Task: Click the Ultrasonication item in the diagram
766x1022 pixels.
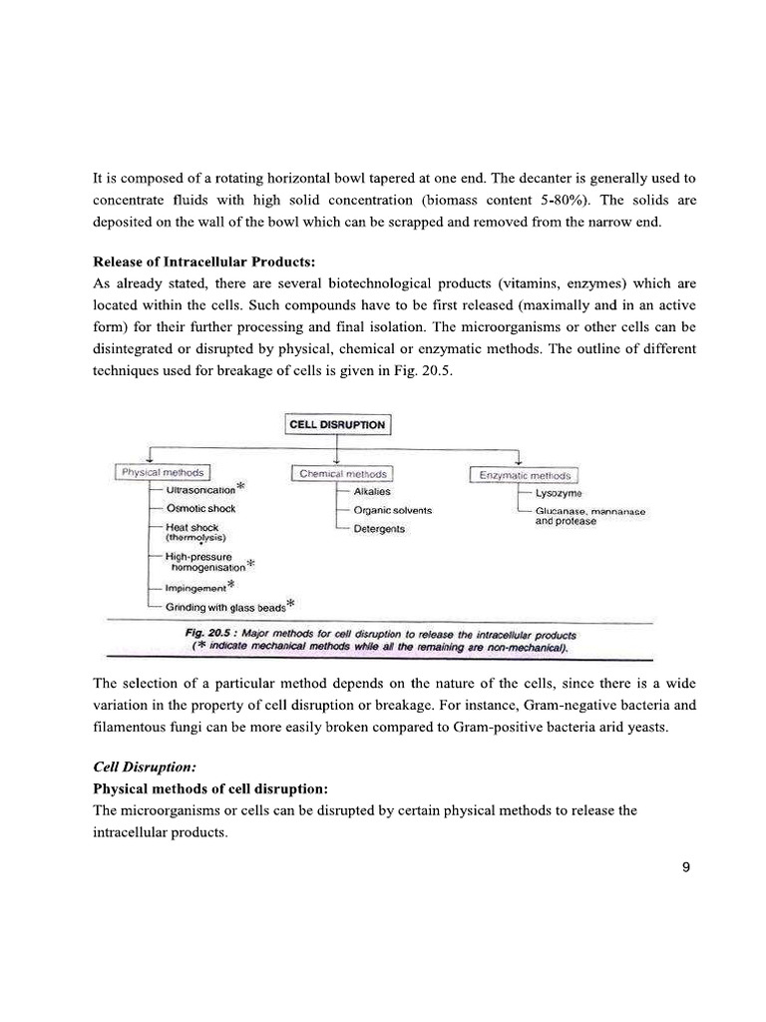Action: click(x=199, y=490)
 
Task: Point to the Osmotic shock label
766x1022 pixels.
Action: click(x=200, y=509)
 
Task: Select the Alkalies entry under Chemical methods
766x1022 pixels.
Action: click(x=372, y=491)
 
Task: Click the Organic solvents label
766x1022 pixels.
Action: click(x=392, y=510)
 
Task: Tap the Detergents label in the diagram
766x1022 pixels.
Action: click(x=379, y=528)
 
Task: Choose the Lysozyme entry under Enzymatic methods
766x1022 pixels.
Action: click(x=559, y=493)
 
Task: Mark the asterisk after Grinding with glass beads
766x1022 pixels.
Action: click(x=290, y=603)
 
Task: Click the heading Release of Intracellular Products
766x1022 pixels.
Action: click(x=203, y=262)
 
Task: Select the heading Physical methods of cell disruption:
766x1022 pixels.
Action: click(x=203, y=788)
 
